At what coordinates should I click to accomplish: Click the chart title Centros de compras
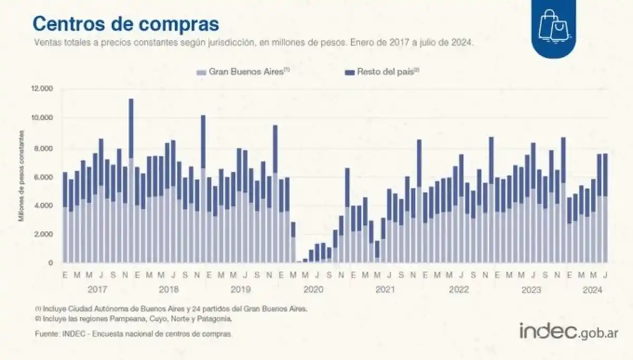coord(126,24)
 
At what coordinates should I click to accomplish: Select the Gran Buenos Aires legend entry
coord(242,71)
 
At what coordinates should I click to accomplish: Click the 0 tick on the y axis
coord(51,262)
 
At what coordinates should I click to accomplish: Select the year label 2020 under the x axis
coord(313,290)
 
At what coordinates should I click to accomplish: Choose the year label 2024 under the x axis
coord(592,290)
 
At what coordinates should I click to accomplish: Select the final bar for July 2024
coord(605,208)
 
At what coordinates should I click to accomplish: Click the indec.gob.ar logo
coord(568,332)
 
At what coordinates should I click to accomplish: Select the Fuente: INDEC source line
coord(133,334)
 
